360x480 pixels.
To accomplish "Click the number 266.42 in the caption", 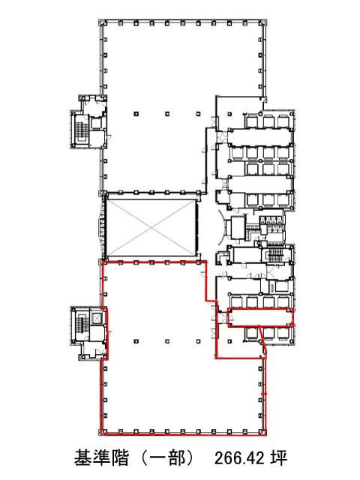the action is (x=240, y=458).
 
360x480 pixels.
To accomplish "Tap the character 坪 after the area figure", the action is (x=278, y=458).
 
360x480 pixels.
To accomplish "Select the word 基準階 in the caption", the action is (x=101, y=458).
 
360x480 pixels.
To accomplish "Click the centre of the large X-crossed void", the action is (x=151, y=228).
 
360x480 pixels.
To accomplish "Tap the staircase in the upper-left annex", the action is (x=82, y=132).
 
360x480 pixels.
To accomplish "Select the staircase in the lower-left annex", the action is (x=81, y=325).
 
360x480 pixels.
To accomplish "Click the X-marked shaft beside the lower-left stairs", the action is (x=96, y=319).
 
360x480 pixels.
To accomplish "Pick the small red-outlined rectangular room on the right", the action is (x=260, y=317).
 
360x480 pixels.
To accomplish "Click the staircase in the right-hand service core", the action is (x=274, y=255).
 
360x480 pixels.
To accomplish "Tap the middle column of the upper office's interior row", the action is (x=167, y=114).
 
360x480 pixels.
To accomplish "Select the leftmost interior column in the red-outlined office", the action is (x=136, y=341).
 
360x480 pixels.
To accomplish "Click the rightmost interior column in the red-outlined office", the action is (x=198, y=341).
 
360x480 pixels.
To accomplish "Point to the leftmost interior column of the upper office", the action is (x=136, y=114).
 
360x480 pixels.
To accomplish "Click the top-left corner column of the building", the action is (x=101, y=22).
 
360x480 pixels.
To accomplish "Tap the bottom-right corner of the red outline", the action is (x=265, y=434).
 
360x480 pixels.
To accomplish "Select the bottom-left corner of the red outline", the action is (x=102, y=434).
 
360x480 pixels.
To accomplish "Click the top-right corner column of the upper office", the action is (x=263, y=23).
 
